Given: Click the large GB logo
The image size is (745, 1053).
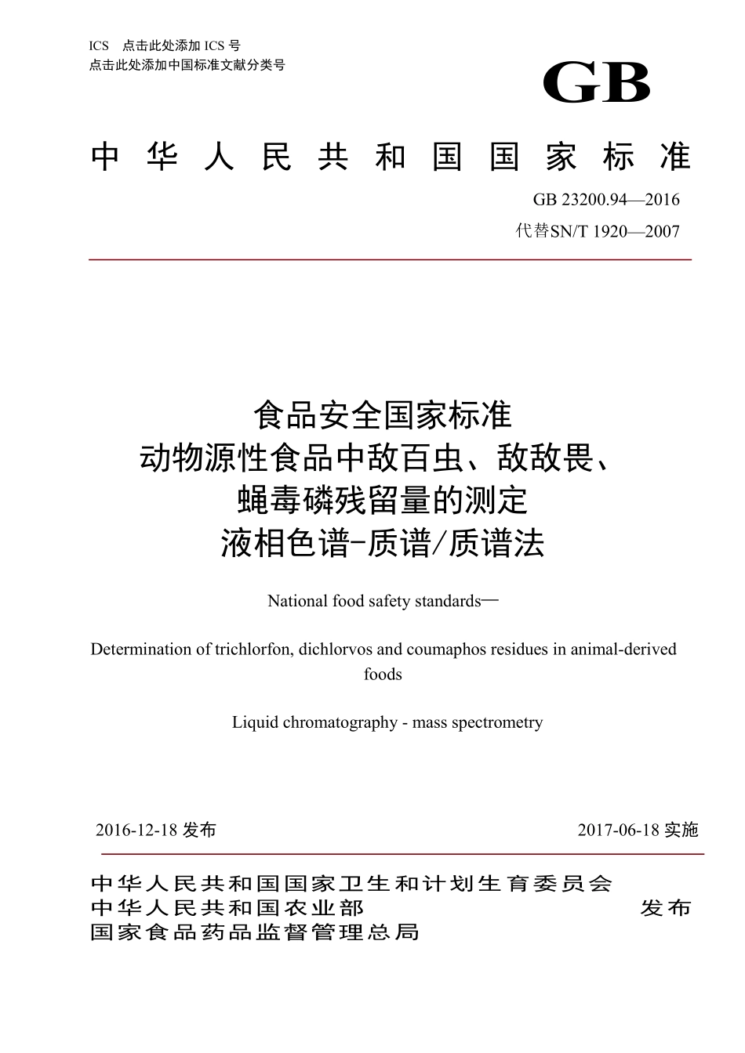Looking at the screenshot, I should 597,82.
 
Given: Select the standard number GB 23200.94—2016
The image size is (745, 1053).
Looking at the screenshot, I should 606,199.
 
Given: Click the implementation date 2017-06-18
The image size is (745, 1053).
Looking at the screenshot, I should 620,830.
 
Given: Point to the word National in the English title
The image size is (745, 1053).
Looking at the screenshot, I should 297,601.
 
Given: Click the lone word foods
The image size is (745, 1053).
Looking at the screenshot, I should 383,674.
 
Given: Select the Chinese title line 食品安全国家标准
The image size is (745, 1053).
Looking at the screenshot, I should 383,415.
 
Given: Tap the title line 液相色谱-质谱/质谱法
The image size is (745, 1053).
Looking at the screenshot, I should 383,544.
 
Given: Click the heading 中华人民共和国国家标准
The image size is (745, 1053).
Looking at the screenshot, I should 390,157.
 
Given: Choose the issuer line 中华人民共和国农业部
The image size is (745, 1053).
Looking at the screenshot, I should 227,908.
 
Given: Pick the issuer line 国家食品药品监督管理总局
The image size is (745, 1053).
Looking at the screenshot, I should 255,932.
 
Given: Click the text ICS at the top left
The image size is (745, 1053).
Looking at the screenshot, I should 100,46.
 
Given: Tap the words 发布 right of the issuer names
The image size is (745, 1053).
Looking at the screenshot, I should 666,908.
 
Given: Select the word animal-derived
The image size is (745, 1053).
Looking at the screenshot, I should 623,650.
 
